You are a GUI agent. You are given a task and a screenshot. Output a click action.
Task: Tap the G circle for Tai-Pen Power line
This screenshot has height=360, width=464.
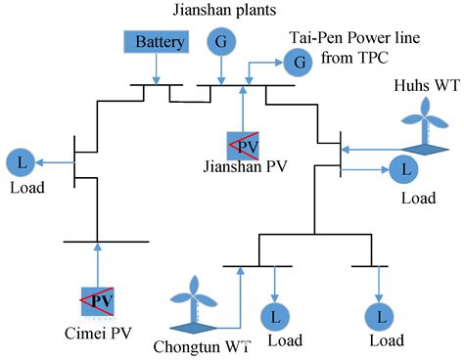295,65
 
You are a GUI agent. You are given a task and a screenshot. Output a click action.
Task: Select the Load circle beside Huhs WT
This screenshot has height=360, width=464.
401,169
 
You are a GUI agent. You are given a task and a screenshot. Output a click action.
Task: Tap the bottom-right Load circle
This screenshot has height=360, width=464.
376,317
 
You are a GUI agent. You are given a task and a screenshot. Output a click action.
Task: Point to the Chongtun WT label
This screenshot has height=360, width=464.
195,344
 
